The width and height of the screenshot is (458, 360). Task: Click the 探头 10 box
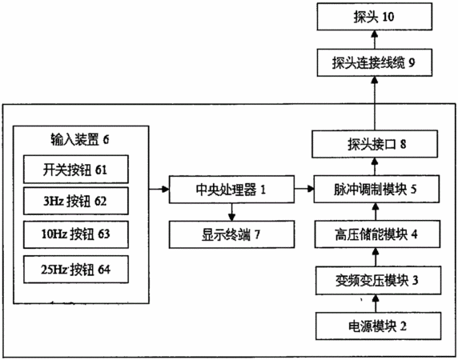pyautogui.click(x=375, y=17)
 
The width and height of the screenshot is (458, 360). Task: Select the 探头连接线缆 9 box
pyautogui.click(x=375, y=62)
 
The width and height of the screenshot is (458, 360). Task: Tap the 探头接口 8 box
pyautogui.click(x=375, y=144)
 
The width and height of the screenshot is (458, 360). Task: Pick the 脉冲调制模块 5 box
pyautogui.click(x=376, y=189)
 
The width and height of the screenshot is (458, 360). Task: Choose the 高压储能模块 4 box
pyautogui.click(x=377, y=234)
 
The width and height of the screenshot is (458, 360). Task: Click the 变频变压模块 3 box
pyautogui.click(x=378, y=280)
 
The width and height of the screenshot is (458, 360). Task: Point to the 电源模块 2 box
pyautogui.click(x=378, y=326)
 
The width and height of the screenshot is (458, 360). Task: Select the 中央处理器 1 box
pyautogui.click(x=231, y=190)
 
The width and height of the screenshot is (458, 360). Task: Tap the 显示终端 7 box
pyautogui.click(x=231, y=234)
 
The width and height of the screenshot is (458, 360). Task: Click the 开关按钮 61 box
pyautogui.click(x=75, y=170)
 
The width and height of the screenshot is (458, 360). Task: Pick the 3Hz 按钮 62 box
pyautogui.click(x=75, y=201)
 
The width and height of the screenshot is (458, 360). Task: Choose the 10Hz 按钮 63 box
pyautogui.click(x=75, y=234)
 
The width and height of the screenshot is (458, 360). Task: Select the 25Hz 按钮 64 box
pyautogui.click(x=75, y=270)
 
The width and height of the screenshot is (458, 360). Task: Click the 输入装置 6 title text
pyautogui.click(x=80, y=139)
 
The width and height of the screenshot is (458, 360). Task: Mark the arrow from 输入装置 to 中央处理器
pyautogui.click(x=159, y=190)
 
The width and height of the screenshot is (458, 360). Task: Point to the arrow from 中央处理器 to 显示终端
pyautogui.click(x=231, y=212)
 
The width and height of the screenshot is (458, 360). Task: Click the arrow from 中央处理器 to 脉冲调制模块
pyautogui.click(x=304, y=189)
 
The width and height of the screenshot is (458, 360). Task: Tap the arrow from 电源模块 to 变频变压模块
pyautogui.click(x=376, y=303)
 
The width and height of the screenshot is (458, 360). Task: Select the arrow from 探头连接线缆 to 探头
pyautogui.click(x=375, y=39)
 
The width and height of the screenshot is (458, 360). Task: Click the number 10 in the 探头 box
pyautogui.click(x=388, y=17)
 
